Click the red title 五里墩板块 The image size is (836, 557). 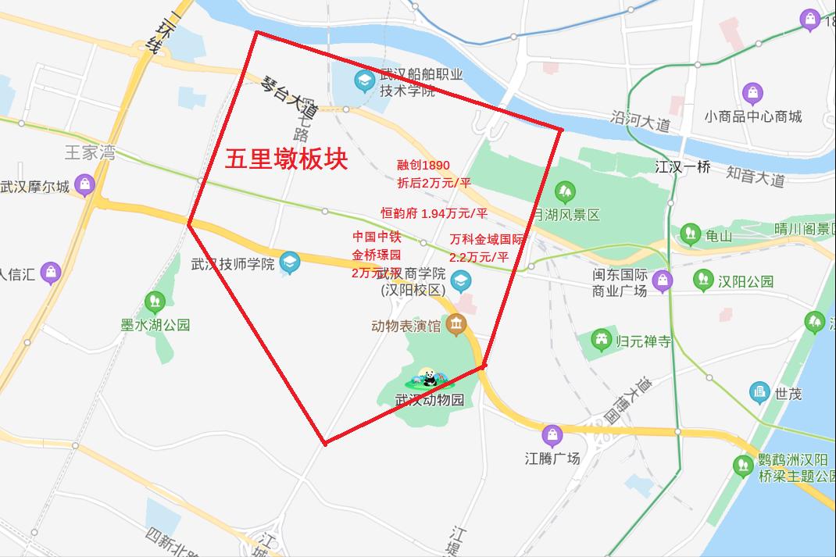click(x=286, y=160)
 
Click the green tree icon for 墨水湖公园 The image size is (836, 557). click(x=155, y=300)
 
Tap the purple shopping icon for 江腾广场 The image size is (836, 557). click(x=552, y=435)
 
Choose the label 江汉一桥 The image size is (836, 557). click(x=683, y=166)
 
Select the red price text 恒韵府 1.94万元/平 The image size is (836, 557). click(x=434, y=212)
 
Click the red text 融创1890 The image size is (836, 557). click(x=423, y=165)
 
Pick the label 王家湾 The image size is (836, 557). click(x=89, y=153)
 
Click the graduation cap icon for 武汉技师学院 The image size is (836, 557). click(x=290, y=263)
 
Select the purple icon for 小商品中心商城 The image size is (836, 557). click(x=753, y=95)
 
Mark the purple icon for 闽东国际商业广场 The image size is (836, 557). click(x=663, y=280)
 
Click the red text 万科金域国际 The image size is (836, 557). click(x=489, y=239)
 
